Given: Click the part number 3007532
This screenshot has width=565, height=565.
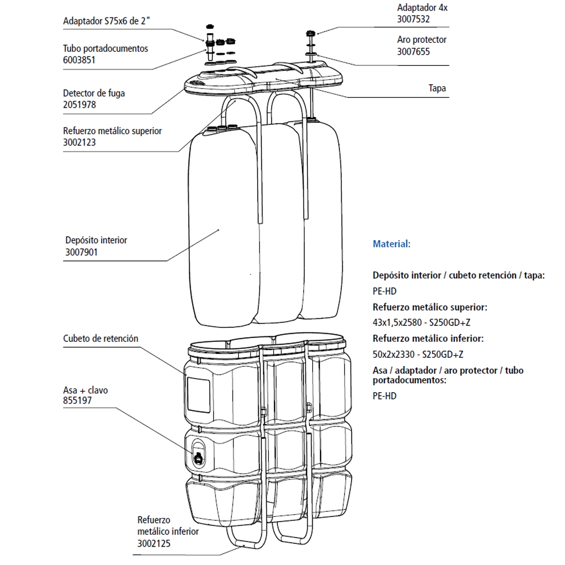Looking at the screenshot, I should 413,19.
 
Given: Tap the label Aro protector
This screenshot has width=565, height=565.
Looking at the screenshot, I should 421,40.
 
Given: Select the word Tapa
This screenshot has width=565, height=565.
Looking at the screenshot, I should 437,88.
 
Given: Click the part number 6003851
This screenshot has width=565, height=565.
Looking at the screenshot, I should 79,60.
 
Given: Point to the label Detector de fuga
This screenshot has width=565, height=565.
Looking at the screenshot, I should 94,93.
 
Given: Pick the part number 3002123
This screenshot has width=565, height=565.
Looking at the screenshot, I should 79,142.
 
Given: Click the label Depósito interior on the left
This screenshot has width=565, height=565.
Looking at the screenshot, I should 96,240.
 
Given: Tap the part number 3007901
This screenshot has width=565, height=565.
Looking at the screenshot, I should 81,252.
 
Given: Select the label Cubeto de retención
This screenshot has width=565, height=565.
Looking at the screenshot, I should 100,339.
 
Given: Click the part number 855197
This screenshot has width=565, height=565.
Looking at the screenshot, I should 77,401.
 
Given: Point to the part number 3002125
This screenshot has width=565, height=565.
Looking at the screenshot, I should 153,543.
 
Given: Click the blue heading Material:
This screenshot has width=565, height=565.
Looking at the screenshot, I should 391,244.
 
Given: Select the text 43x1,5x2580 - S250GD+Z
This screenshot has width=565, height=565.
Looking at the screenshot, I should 421,323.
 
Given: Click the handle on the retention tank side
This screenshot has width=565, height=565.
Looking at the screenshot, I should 198,454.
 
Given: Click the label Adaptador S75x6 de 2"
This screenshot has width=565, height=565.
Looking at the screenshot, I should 107,21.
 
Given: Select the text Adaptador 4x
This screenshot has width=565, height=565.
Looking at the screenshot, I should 422,8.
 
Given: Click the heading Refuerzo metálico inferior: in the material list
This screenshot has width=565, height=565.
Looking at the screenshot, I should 428,339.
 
